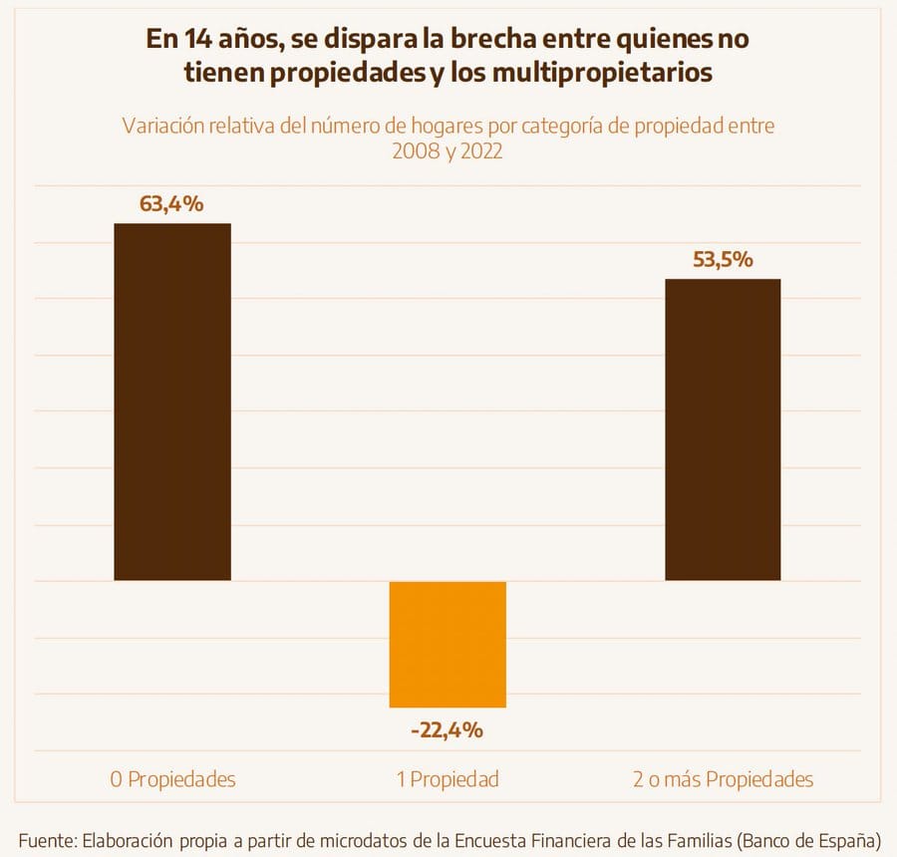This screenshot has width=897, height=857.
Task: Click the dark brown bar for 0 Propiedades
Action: [x=172, y=401]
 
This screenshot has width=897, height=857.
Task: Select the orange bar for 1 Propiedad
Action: [x=448, y=644]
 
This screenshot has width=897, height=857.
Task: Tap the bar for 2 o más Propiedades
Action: [x=723, y=428]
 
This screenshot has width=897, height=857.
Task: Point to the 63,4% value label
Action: [x=172, y=204]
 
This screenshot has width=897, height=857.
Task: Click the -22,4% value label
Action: [x=448, y=730]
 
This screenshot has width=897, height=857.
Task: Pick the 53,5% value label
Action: [x=723, y=260]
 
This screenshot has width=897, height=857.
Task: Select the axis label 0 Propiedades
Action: [x=172, y=779]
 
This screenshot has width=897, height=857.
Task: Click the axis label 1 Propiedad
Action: [x=448, y=779]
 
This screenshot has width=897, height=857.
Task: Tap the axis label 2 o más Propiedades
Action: [x=723, y=779]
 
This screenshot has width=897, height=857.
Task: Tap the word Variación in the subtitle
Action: [x=160, y=128]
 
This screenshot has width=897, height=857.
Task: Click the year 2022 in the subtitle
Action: [x=480, y=154]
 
